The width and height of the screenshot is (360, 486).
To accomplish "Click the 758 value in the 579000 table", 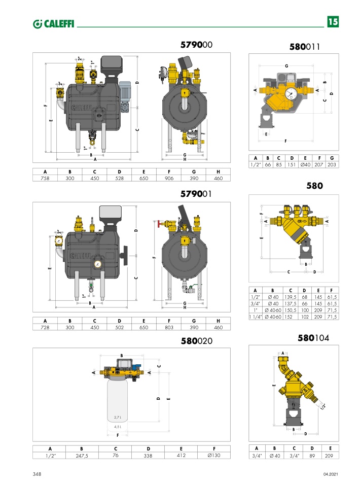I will point(45,178).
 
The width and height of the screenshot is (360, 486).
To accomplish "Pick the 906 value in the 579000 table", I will point(169,178).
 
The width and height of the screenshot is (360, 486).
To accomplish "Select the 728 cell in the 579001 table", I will point(45,327).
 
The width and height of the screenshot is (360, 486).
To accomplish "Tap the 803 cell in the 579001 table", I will point(169,327).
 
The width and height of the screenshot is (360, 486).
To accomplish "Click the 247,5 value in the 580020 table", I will point(82,456).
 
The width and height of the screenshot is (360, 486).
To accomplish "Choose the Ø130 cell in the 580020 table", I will point(214,456).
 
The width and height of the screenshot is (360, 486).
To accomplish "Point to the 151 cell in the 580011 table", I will point(292,164).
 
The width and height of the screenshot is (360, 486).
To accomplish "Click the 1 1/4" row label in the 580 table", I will point(256,316).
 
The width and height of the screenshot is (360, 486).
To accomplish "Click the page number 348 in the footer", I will point(37,474).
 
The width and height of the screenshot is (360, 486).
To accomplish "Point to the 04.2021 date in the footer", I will point(330,474).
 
